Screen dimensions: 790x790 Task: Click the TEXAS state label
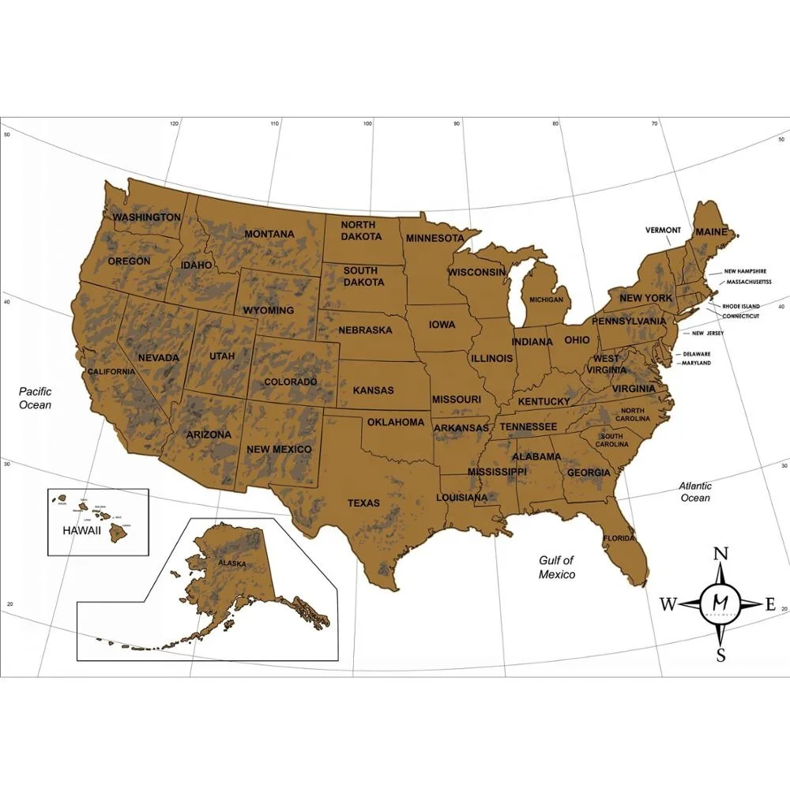pos(363,503)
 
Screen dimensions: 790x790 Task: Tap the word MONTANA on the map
pos(269,234)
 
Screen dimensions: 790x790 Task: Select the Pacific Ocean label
pos(36,398)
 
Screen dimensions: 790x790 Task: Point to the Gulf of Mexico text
pos(557,567)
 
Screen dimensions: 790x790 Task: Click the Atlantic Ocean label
pos(695,492)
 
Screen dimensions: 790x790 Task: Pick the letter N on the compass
pos(720,554)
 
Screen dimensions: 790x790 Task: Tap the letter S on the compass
pos(720,655)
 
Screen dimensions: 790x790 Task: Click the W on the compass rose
pos(668,604)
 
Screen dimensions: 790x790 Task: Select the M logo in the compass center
pos(720,603)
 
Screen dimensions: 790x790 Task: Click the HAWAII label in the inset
pos(82,531)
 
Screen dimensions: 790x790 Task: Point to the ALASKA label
pos(232,564)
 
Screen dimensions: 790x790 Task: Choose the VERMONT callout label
pos(663,231)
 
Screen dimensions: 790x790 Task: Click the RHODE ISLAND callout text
pos(740,306)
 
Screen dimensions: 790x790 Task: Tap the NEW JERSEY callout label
pos(707,333)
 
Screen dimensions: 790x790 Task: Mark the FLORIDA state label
pos(619,539)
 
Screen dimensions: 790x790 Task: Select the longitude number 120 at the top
pos(175,124)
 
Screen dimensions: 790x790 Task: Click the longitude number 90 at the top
pos(457,124)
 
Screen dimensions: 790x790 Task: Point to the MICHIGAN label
pos(547,300)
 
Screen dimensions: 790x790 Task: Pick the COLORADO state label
pos(290,382)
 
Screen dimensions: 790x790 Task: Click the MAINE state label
pos(711,232)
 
